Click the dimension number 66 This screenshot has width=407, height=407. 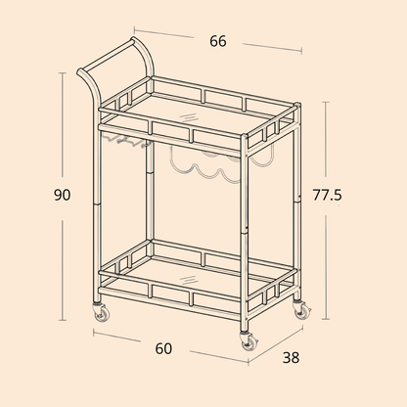[x=218, y=41]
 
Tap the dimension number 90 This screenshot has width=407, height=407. [x=62, y=195]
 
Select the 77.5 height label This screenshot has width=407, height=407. [x=327, y=195]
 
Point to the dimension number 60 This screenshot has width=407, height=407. [x=163, y=348]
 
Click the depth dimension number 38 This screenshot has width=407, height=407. [x=291, y=357]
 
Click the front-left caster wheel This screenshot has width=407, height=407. [x=101, y=311]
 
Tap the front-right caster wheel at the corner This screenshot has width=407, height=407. [x=249, y=341]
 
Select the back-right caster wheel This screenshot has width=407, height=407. [x=301, y=310]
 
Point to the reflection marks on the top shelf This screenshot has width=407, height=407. [x=189, y=117]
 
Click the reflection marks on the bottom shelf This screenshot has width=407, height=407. [x=189, y=280]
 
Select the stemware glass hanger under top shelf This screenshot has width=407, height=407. [x=125, y=140]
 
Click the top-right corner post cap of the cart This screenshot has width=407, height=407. [x=297, y=105]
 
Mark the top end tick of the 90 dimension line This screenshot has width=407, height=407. [x=62, y=73]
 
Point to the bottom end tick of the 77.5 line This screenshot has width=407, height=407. [x=326, y=319]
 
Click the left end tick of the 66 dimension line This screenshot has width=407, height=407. [x=134, y=30]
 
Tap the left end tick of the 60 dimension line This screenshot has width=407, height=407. [x=94, y=333]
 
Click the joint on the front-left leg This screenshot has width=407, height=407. [x=97, y=203]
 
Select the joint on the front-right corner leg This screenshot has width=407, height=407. [x=244, y=232]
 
